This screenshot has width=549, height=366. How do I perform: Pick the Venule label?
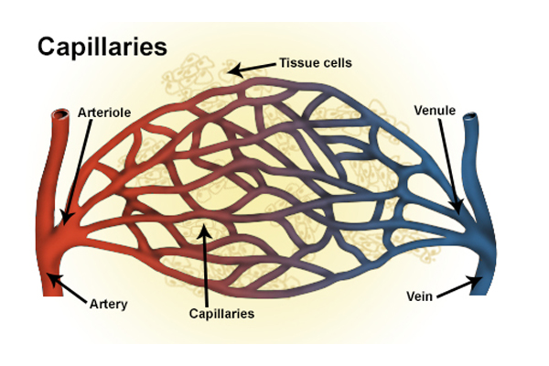435,109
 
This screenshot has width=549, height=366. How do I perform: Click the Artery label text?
109,303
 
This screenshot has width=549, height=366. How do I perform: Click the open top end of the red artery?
60,116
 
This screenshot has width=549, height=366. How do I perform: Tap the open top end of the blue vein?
472,117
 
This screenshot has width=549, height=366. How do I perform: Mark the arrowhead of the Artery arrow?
48,274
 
